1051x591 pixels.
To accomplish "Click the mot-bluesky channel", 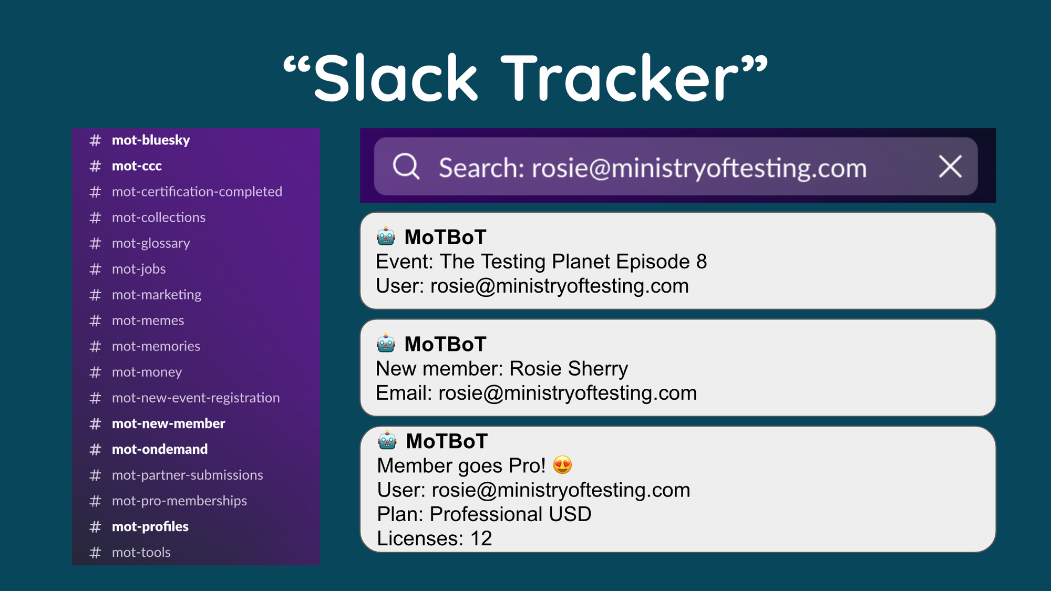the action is (x=151, y=140).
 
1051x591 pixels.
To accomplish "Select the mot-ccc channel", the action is (x=137, y=166).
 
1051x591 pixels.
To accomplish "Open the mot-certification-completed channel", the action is (x=197, y=192).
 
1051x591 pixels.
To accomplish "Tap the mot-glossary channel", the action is (x=151, y=243).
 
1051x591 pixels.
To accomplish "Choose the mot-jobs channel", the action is (x=139, y=269).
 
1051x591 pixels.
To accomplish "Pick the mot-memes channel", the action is (x=148, y=320).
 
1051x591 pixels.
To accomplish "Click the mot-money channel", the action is (x=147, y=372).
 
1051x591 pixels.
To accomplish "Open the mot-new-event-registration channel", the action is (x=196, y=398).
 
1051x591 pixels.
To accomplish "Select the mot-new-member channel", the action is (x=168, y=423).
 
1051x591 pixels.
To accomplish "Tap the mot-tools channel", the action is (x=141, y=552).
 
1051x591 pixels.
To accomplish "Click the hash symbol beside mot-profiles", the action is (x=95, y=527).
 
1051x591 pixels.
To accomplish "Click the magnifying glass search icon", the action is (x=406, y=167).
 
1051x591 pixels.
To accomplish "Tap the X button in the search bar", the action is (x=950, y=167).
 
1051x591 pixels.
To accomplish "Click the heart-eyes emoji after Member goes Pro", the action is (x=562, y=465).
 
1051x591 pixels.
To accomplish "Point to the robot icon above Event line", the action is (x=386, y=236).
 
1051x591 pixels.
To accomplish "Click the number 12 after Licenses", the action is (x=481, y=538).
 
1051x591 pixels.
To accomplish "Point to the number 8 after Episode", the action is (x=702, y=262).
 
